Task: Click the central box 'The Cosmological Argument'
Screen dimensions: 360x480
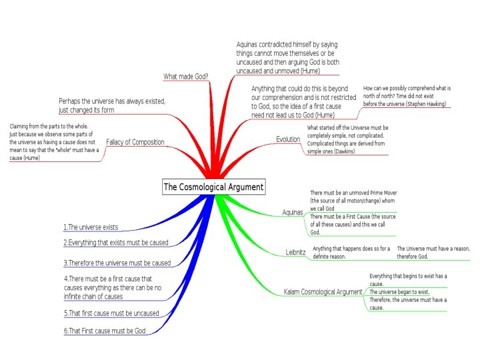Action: click(x=213, y=187)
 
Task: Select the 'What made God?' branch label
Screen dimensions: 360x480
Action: click(x=185, y=75)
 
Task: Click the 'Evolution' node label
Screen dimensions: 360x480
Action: click(x=288, y=139)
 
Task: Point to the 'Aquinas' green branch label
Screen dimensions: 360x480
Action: click(x=292, y=212)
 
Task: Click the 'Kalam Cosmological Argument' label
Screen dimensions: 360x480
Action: click(x=323, y=292)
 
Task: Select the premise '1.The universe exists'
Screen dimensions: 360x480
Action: click(x=91, y=227)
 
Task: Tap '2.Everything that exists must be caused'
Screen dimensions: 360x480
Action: click(x=115, y=243)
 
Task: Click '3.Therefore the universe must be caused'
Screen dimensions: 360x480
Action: click(x=117, y=263)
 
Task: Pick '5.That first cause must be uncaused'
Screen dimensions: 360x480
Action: click(x=111, y=313)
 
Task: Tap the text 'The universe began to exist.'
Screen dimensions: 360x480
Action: click(x=399, y=292)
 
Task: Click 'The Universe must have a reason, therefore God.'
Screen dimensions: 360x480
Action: click(x=433, y=252)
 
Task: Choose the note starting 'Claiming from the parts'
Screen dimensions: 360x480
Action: click(x=53, y=142)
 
